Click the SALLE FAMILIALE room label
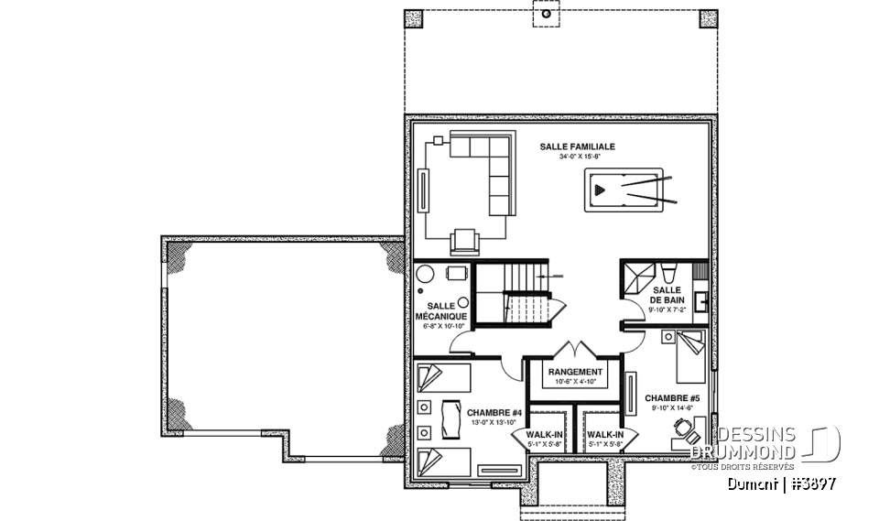point(576,147)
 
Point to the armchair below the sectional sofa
point(464,242)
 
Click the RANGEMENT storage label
point(575,372)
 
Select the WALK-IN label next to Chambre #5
point(604,436)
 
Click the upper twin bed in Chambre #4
point(444,377)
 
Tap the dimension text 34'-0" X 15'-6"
point(576,157)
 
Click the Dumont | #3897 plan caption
point(780,482)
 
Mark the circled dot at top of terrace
point(546,16)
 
